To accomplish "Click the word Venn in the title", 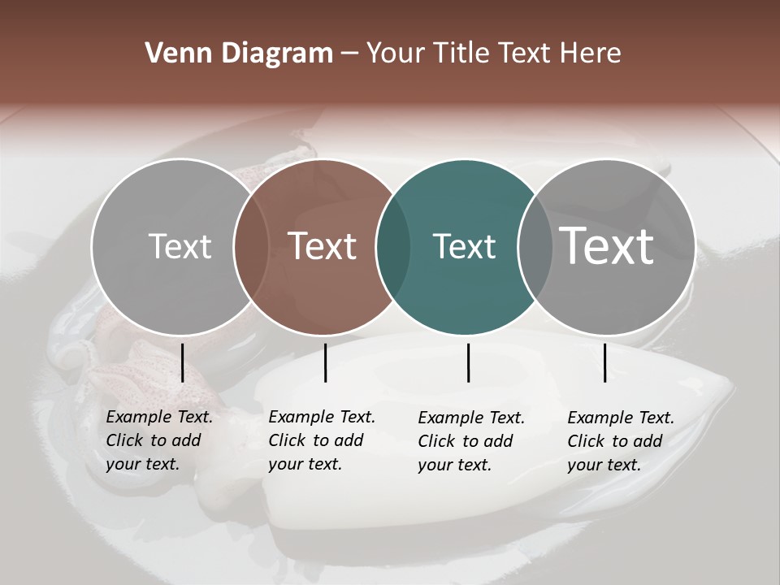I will point(175,54).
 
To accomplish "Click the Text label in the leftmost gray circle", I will point(180,246).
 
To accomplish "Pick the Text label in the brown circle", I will point(323,246).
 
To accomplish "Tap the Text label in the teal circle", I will point(464,246).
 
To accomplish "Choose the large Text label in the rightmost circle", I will point(607,245).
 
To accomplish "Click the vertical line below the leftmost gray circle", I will point(182,362).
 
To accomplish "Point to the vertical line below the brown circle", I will point(325,362).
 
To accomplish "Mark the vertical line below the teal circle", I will point(468,362).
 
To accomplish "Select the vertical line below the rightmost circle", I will point(604,362).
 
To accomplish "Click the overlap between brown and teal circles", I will point(393,247).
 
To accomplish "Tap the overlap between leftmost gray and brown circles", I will point(251,247).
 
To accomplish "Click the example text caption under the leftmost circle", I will point(158,440).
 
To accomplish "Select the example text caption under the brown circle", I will point(321,440).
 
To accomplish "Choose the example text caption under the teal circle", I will point(470,441).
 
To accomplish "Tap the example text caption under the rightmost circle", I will point(620,441).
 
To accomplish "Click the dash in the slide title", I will point(349,54).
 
